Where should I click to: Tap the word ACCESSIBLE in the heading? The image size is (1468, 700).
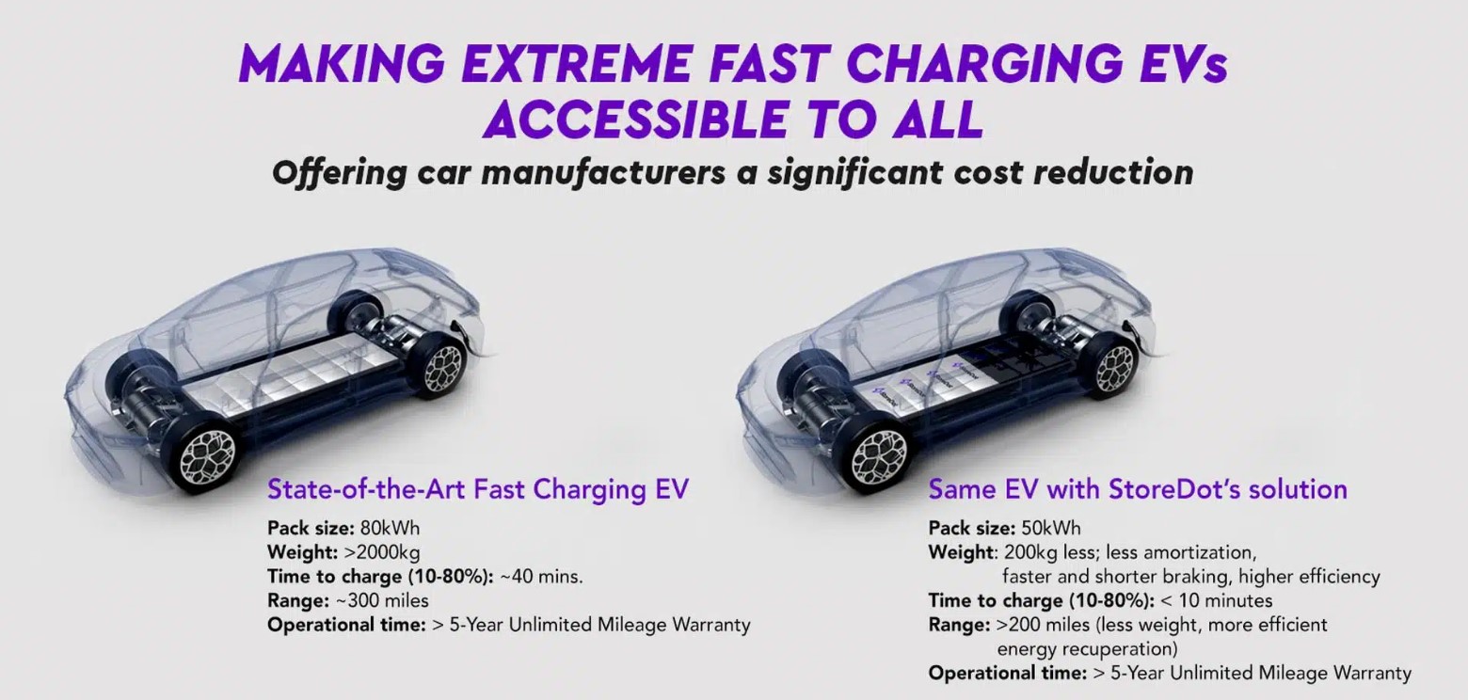[x=634, y=119]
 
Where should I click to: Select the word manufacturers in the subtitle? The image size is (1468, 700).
[x=603, y=173]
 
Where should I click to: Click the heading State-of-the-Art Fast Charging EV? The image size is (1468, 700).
[x=478, y=489]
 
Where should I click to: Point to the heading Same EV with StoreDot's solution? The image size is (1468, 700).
[x=1138, y=489]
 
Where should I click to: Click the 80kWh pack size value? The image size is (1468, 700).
[x=390, y=528]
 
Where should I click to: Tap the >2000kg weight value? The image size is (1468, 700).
[x=381, y=552]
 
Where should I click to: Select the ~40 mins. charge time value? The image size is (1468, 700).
[x=541, y=577]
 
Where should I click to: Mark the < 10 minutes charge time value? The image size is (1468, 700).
[x=1217, y=600]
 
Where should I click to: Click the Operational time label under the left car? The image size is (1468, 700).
[x=346, y=626]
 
